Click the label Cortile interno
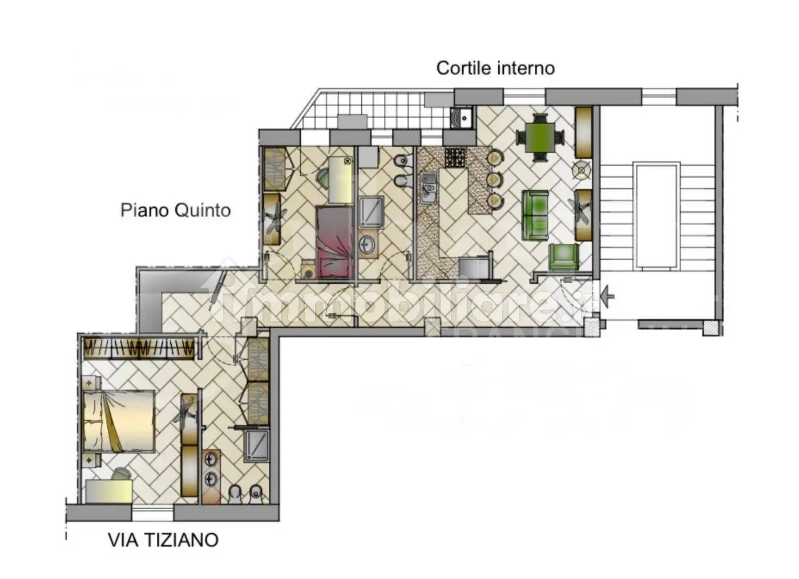tap(495, 68)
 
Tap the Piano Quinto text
tap(175, 210)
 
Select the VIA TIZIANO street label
tap(163, 540)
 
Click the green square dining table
tap(540, 137)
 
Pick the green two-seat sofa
tap(535, 215)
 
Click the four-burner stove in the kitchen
tap(455, 158)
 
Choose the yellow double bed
tap(119, 421)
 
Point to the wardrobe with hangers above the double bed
tap(140, 347)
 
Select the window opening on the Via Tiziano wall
tap(152, 512)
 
